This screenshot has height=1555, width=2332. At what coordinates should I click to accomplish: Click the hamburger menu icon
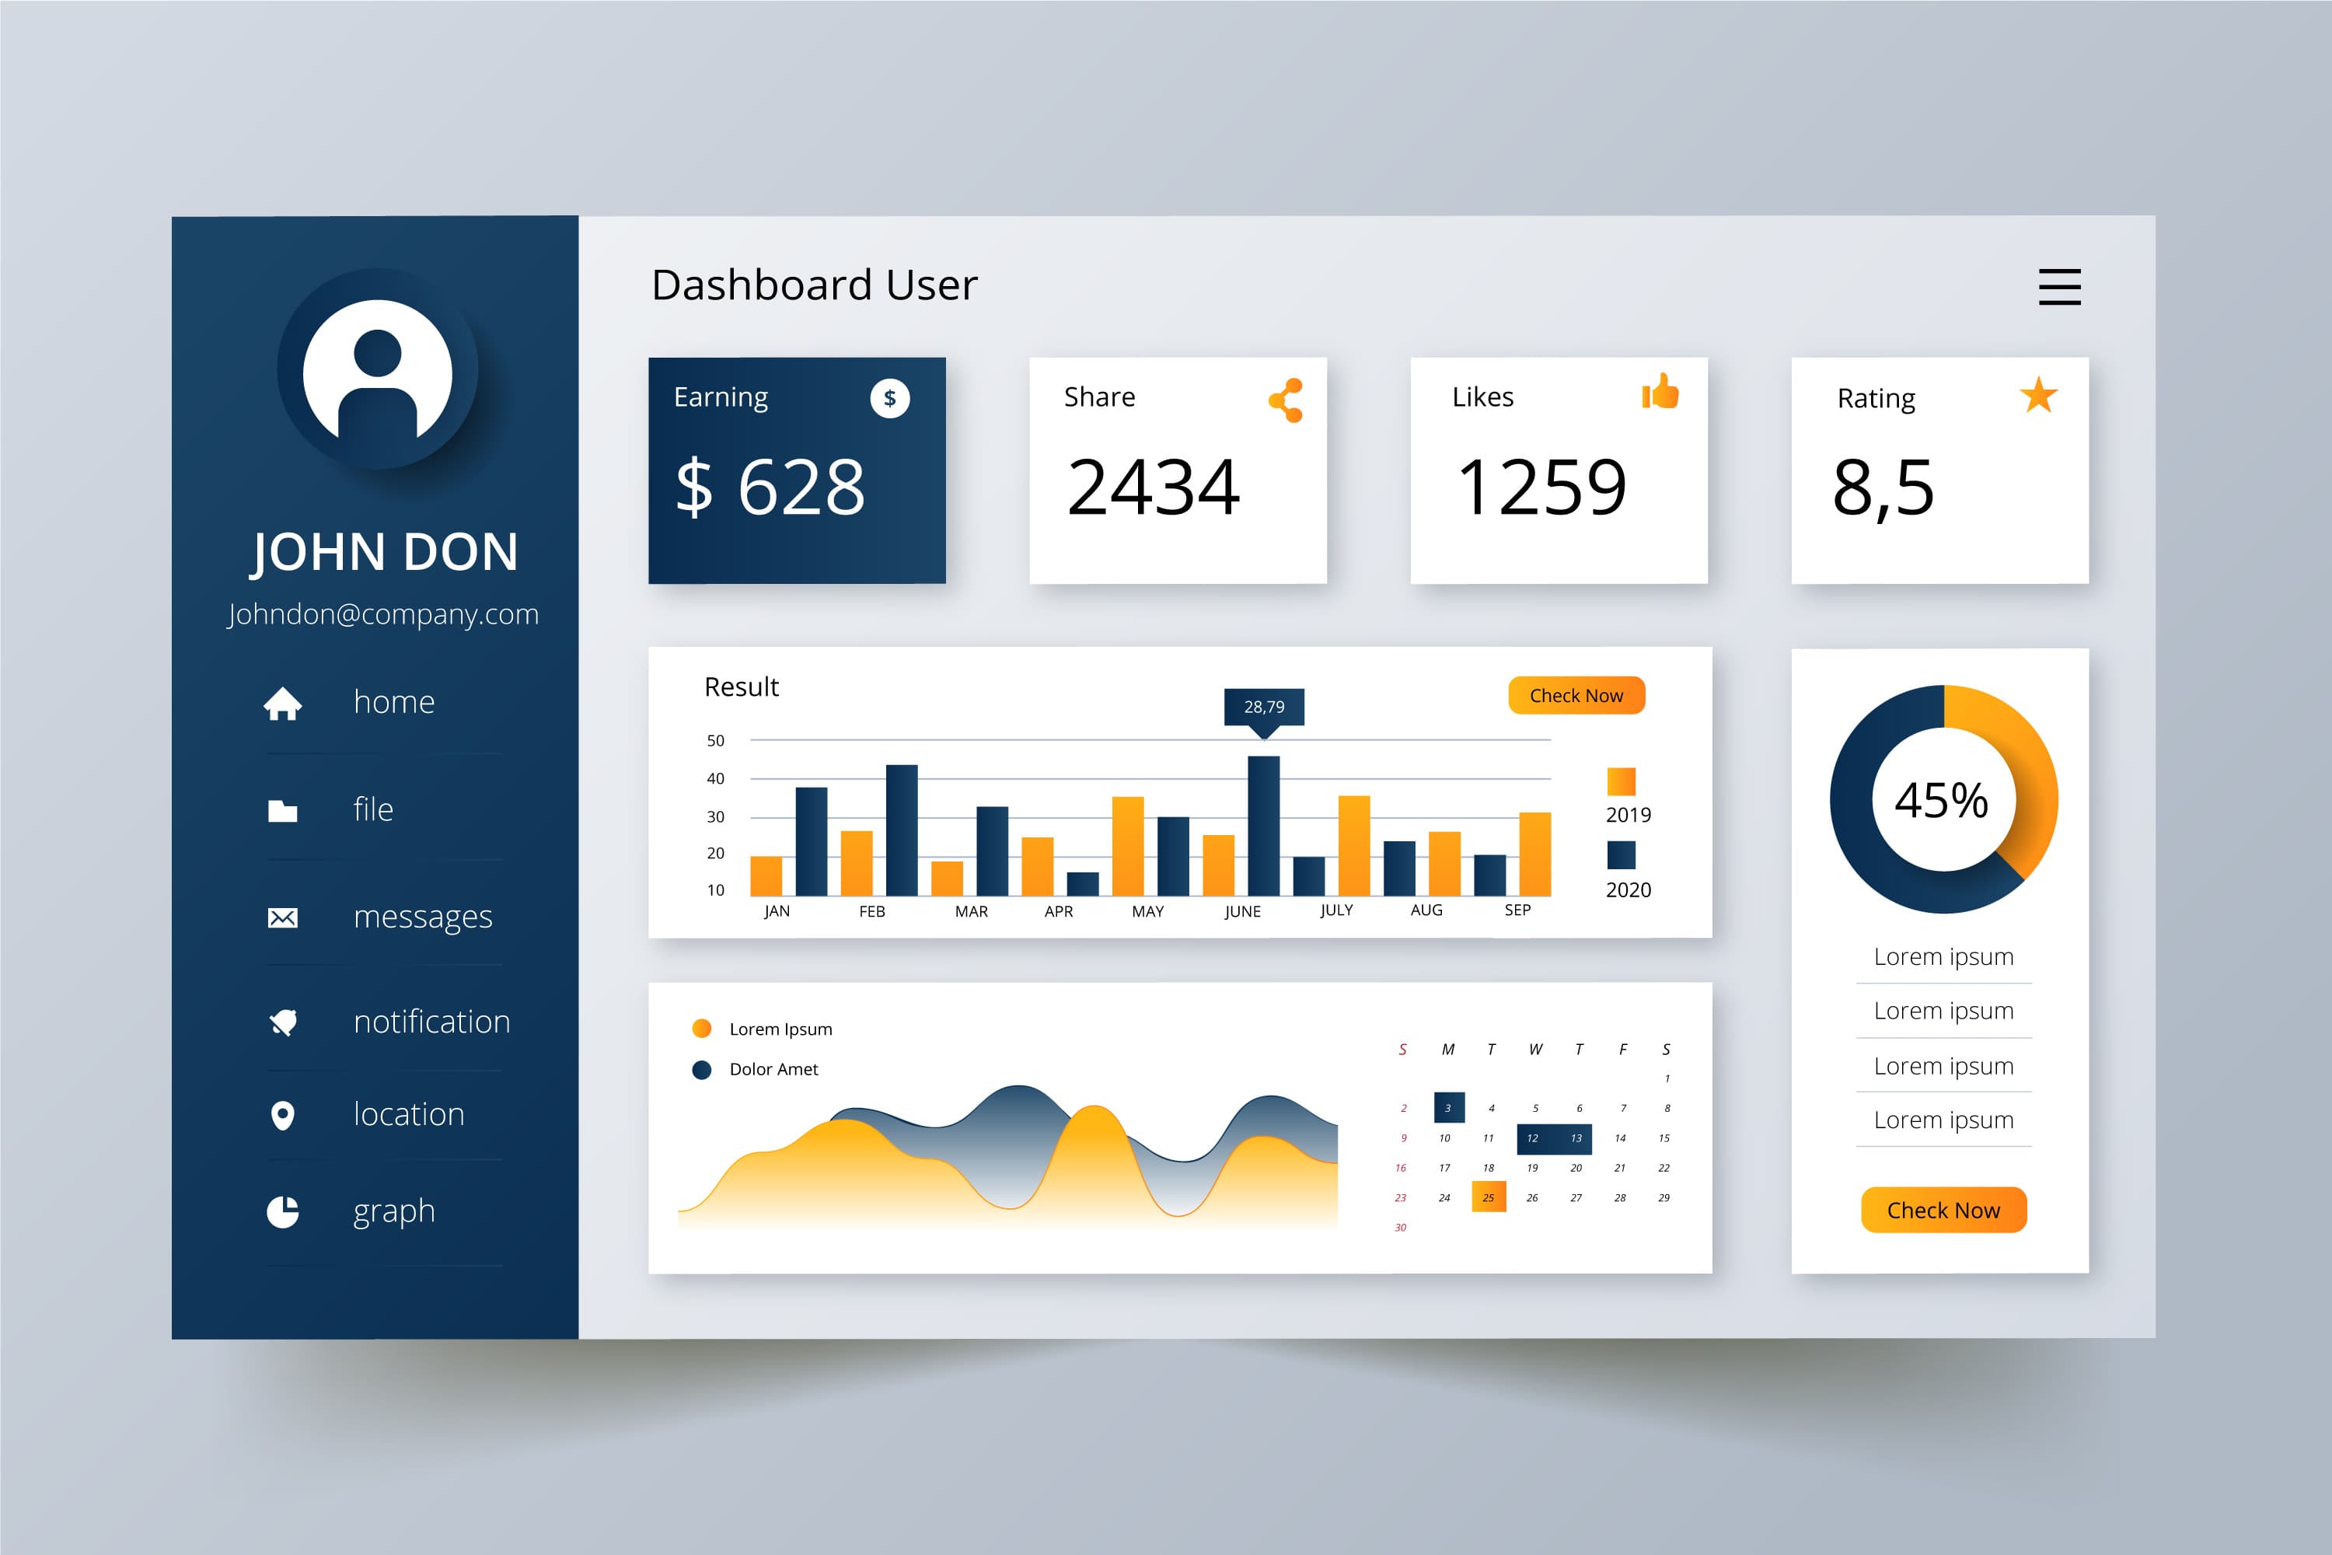pyautogui.click(x=2058, y=287)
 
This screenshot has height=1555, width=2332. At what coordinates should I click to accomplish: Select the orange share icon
pyautogui.click(x=1286, y=400)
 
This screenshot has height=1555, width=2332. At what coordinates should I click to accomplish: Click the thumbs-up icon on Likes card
pyautogui.click(x=1660, y=392)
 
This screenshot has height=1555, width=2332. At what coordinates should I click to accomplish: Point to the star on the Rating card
pyautogui.click(x=2038, y=395)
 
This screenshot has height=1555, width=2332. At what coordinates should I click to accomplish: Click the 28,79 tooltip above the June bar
pyautogui.click(x=1264, y=706)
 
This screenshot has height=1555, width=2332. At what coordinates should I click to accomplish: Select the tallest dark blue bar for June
pyautogui.click(x=1263, y=825)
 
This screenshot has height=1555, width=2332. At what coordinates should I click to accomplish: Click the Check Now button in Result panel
pyautogui.click(x=1576, y=695)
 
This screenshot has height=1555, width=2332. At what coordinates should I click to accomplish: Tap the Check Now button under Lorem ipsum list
pyautogui.click(x=1943, y=1210)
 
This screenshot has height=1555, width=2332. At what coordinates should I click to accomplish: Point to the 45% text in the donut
pyautogui.click(x=1940, y=799)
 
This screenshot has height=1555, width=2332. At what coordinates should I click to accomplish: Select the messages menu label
pyautogui.click(x=422, y=917)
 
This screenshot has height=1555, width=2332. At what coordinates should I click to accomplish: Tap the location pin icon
pyautogui.click(x=283, y=1116)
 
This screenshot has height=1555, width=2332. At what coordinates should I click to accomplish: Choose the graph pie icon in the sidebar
pyautogui.click(x=283, y=1211)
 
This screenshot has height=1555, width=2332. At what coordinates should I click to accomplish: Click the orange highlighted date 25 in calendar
pyautogui.click(x=1489, y=1197)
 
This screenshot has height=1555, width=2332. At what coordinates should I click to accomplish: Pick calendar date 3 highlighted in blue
pyautogui.click(x=1449, y=1108)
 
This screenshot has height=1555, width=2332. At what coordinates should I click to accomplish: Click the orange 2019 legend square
pyautogui.click(x=1620, y=781)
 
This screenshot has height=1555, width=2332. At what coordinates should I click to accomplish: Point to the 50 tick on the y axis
pyautogui.click(x=715, y=741)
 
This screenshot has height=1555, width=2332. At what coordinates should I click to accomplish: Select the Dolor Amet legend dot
pyautogui.click(x=701, y=1070)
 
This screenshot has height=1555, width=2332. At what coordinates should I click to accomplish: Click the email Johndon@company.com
pyautogui.click(x=382, y=614)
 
